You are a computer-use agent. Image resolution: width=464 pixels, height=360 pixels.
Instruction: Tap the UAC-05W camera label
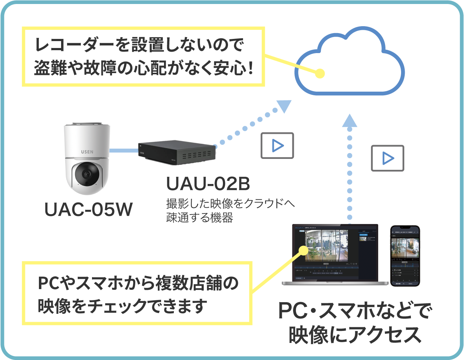88,209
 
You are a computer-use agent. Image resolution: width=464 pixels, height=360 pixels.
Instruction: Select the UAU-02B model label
208,184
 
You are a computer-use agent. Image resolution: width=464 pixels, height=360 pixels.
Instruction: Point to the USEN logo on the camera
87,152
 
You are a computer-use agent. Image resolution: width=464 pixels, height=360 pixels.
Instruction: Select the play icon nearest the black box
277,145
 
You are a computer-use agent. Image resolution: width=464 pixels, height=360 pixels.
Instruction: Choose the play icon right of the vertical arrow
387,158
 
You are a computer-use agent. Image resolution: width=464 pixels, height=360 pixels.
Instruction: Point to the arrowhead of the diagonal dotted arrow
284,106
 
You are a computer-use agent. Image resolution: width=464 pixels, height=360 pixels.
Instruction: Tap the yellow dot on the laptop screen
303,250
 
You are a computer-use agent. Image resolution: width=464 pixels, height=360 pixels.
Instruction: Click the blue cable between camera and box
124,150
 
